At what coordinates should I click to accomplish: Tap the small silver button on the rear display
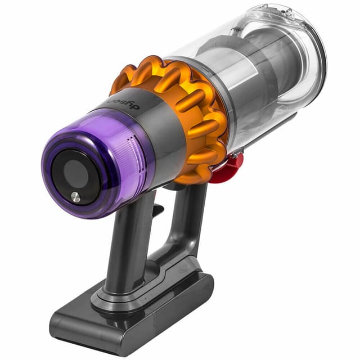point(75,196)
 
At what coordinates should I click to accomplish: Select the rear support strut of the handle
point(188,225)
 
